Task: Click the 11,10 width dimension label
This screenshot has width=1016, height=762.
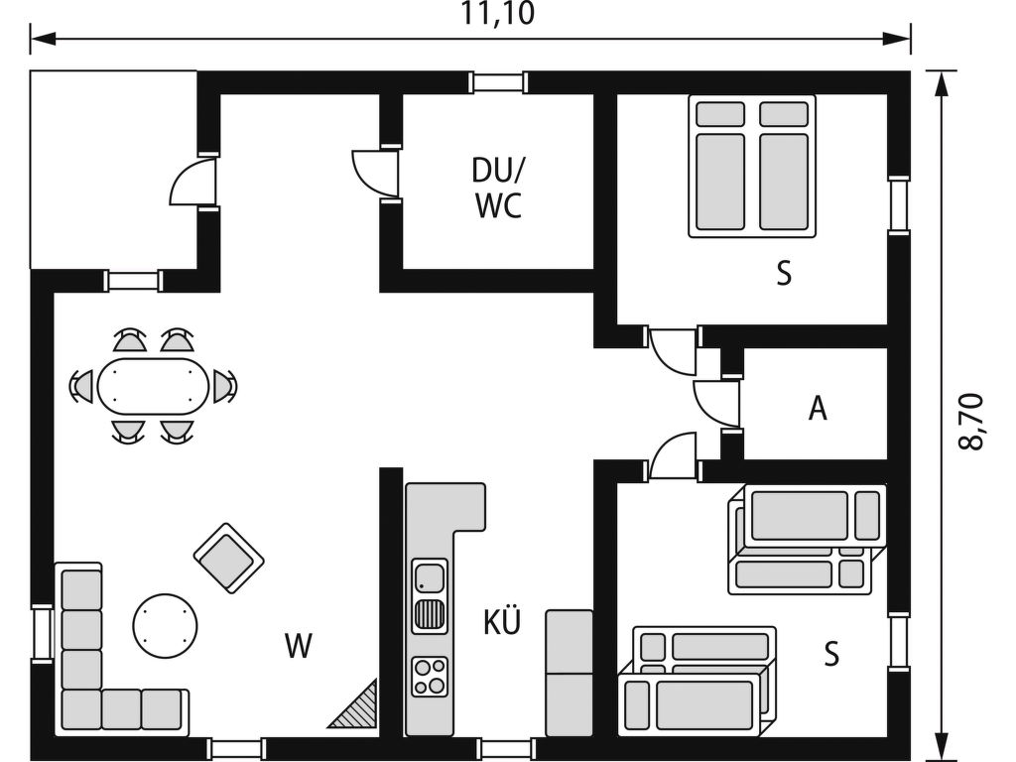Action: point(498,14)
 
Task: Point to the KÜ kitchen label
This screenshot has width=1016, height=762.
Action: point(502,621)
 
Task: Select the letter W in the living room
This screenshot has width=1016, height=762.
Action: point(298,645)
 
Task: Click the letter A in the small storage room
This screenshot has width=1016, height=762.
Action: point(818,408)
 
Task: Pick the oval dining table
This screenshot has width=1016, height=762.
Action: point(154,387)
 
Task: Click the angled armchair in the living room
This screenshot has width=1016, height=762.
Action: point(229,558)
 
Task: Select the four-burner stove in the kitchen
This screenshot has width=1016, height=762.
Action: point(430,677)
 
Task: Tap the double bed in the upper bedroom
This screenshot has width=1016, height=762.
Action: point(752,166)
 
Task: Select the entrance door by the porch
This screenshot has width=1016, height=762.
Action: point(191,182)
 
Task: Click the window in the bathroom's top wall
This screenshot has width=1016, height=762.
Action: point(498,82)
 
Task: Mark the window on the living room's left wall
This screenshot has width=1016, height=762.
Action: point(42,633)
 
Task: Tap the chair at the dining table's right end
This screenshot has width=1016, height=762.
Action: point(224,386)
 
